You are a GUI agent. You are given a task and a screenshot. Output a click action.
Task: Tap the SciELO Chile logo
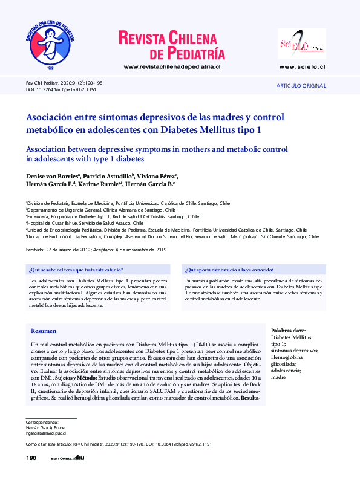pos(301,43)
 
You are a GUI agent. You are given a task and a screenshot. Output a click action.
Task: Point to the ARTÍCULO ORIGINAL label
pos(301,86)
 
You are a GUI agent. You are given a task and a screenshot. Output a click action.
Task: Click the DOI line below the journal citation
pos(61,89)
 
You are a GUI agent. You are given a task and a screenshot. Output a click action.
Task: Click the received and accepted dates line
pos(96,250)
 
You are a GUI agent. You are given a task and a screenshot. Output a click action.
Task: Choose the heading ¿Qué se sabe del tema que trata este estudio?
pos(76,269)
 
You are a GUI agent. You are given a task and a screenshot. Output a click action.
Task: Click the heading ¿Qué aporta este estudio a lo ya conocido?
pos(229,269)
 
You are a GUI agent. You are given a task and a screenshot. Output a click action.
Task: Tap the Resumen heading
pos(44,331)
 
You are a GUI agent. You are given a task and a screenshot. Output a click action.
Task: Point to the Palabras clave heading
pos(289,331)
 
